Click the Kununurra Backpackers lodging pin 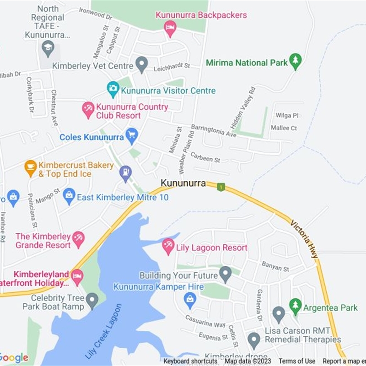170,28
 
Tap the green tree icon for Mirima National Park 296,61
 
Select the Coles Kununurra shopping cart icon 132,135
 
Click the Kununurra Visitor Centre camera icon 113,89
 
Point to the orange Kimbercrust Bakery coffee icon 31,168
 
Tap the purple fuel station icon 125,173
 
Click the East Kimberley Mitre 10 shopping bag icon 69,196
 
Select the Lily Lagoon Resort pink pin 168,246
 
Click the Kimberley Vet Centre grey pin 142,64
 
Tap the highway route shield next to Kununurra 221,187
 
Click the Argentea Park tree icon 296,306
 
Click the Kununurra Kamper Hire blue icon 190,300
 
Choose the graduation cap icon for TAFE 48,48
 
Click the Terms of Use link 297,361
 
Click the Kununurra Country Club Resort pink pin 88,110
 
